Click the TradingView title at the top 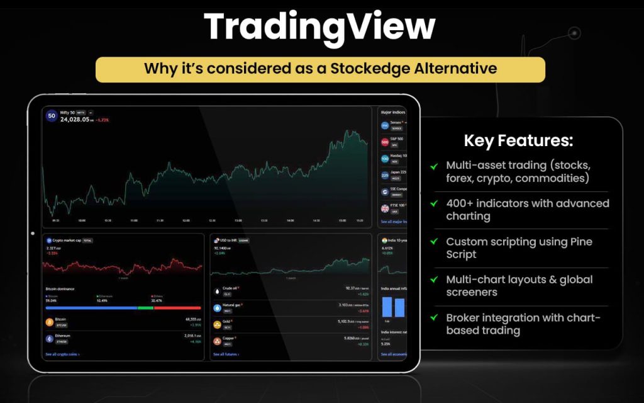pyautogui.click(x=319, y=28)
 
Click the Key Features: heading pyautogui.click(x=518, y=140)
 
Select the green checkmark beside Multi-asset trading pyautogui.click(x=434, y=166)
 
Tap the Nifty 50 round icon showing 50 pyautogui.click(x=51, y=116)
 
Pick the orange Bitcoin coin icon pyautogui.click(x=50, y=322)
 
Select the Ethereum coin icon pyautogui.click(x=50, y=338)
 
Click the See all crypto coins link pyautogui.click(x=62, y=355)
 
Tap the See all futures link pyautogui.click(x=226, y=355)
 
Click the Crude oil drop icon pyautogui.click(x=218, y=292)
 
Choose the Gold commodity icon pyautogui.click(x=218, y=324)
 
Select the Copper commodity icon pyautogui.click(x=218, y=341)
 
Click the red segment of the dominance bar pyautogui.click(x=177, y=308)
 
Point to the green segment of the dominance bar pyautogui.click(x=145, y=308)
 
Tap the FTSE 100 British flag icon pyautogui.click(x=385, y=208)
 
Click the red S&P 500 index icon pyautogui.click(x=385, y=142)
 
